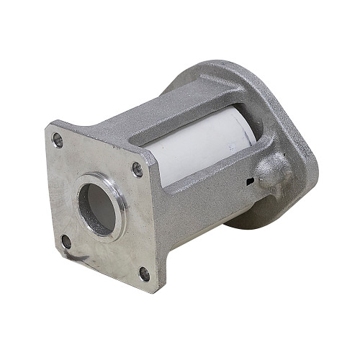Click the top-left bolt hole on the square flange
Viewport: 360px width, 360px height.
(x=58, y=139)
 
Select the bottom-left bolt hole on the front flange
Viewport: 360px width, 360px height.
(x=66, y=240)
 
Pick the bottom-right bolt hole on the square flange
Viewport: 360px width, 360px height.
(x=144, y=274)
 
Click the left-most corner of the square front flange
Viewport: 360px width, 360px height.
(x=47, y=130)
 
